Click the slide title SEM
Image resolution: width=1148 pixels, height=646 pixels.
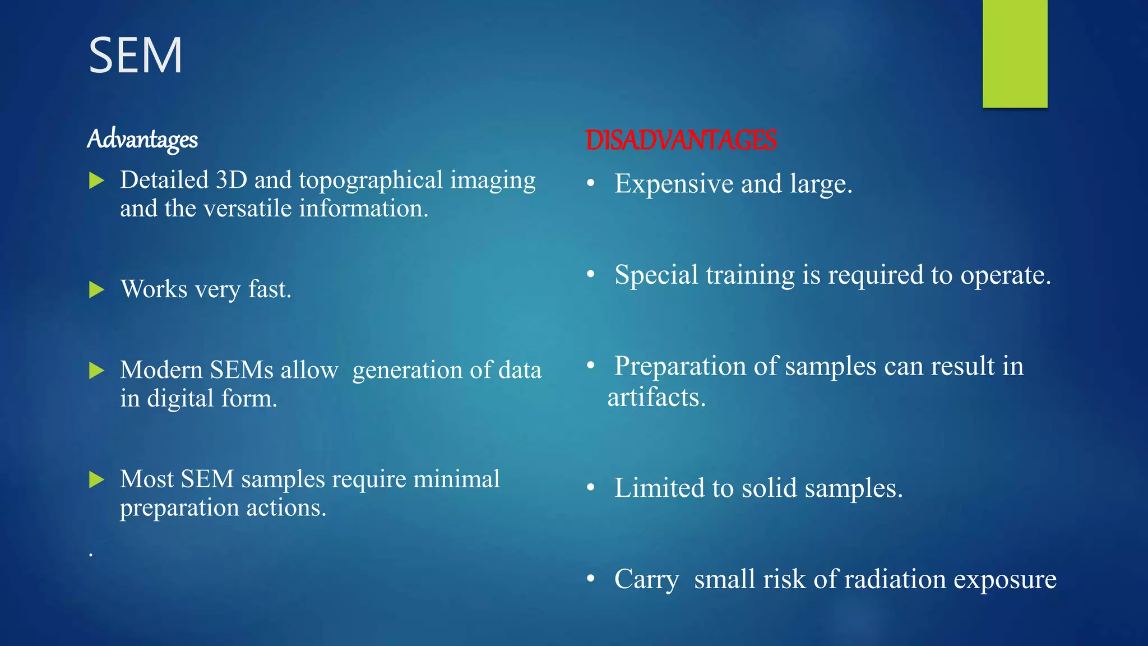coord(136,56)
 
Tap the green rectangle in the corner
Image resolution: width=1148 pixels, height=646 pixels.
coord(1015,53)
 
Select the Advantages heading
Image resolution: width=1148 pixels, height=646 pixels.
coord(142,139)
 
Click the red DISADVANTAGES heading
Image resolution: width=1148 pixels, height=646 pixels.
coord(681,140)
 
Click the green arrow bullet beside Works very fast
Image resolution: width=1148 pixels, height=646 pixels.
coord(97,290)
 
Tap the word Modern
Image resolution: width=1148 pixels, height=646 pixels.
coord(161,370)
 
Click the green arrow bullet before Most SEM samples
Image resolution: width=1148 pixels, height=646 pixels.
coord(97,479)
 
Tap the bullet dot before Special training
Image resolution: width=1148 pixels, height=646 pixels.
coord(591,274)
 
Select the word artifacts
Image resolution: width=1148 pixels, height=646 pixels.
coord(656,398)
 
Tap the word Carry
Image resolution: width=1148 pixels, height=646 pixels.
coord(646,580)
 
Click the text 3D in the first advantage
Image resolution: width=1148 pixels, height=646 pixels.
coord(231,181)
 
